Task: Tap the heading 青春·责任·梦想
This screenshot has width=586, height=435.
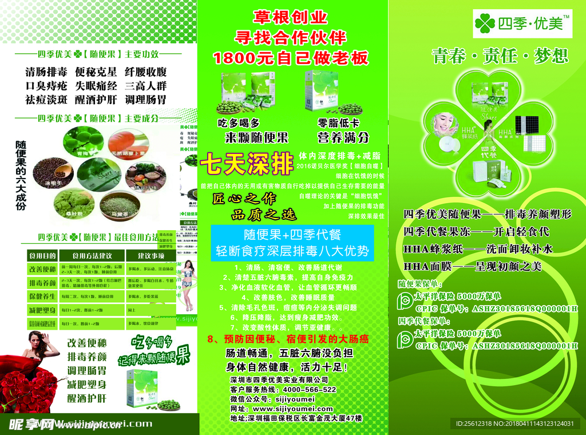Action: (500, 56)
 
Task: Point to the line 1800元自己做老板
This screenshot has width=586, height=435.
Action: (291, 58)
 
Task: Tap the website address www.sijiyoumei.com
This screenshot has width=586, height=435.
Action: (292, 409)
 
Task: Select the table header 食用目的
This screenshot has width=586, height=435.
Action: (42, 255)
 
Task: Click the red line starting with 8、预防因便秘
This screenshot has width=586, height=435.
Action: (288, 339)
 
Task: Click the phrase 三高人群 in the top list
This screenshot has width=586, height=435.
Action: (145, 86)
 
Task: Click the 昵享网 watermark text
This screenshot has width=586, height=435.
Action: (31, 424)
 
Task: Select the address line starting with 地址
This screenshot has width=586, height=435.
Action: (296, 418)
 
